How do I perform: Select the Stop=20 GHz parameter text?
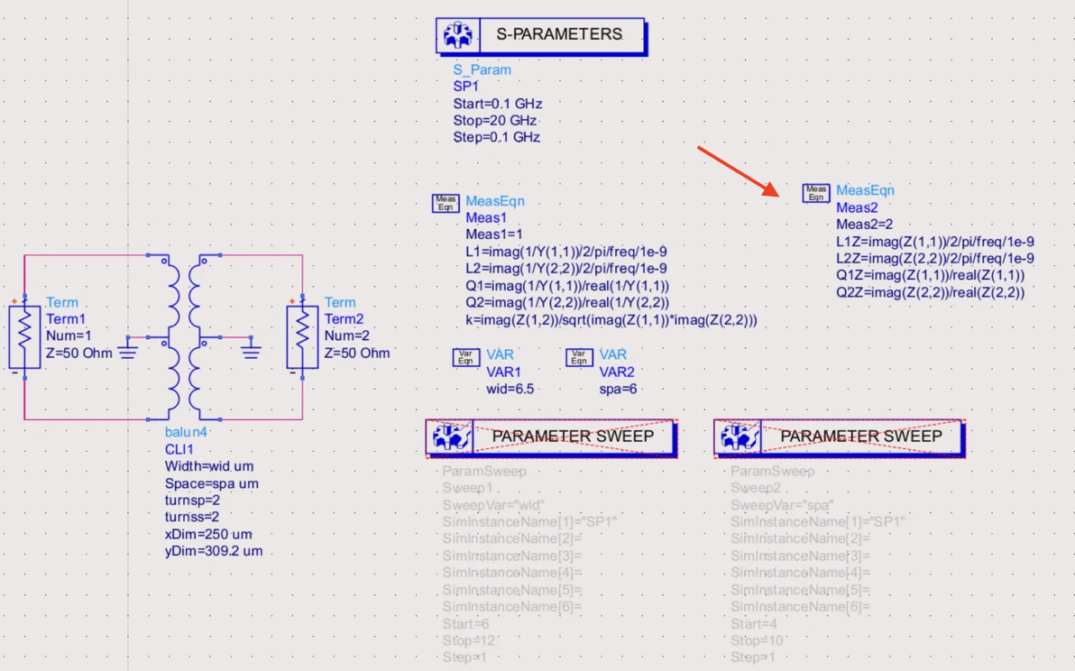click(x=495, y=121)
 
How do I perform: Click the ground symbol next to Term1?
click(x=128, y=349)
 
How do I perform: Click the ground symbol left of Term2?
click(x=250, y=349)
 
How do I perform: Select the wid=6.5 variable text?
click(x=510, y=389)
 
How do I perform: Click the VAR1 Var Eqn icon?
click(x=466, y=357)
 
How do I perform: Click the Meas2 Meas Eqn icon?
click(x=816, y=193)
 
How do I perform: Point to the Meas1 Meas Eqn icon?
click(x=446, y=203)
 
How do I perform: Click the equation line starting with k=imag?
click(x=611, y=320)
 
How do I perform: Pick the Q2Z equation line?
click(x=930, y=292)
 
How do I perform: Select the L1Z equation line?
click(x=934, y=242)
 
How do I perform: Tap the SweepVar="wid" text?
click(x=493, y=505)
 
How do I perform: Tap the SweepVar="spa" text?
click(x=782, y=505)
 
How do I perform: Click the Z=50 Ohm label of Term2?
click(x=357, y=353)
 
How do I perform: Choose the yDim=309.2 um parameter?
click(x=214, y=550)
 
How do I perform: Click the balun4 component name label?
click(x=186, y=432)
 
